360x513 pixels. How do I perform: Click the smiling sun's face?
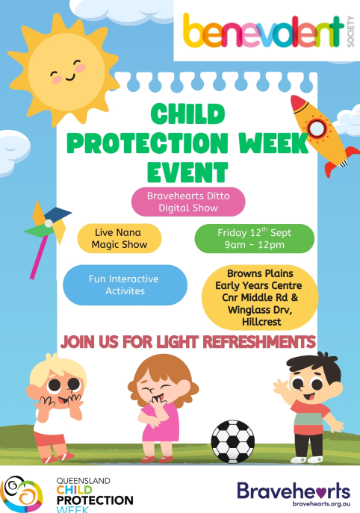pyautogui.click(x=66, y=72)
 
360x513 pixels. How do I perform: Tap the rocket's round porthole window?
pyautogui.click(x=317, y=128)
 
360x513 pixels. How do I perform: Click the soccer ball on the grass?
pyautogui.click(x=233, y=441)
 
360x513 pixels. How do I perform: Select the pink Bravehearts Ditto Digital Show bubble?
pyautogui.click(x=188, y=202)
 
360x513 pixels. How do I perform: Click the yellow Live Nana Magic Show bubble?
pyautogui.click(x=120, y=238)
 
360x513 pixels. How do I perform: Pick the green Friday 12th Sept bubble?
pyautogui.click(x=254, y=238)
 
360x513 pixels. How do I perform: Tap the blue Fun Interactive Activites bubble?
pyautogui.click(x=125, y=285)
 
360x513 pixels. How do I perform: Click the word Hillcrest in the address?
pyautogui.click(x=261, y=322)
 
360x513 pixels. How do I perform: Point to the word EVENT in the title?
pyautogui.click(x=187, y=172)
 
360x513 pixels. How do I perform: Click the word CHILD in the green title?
pyautogui.click(x=188, y=114)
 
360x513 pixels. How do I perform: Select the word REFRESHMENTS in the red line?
pyautogui.click(x=259, y=342)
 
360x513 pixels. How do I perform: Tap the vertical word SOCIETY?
pyautogui.click(x=350, y=31)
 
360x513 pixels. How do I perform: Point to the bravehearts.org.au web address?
pyautogui.click(x=321, y=504)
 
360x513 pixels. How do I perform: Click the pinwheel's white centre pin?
pyautogui.click(x=49, y=223)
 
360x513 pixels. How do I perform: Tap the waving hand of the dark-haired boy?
pyautogui.click(x=281, y=388)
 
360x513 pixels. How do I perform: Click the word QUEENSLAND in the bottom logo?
pyautogui.click(x=83, y=481)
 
